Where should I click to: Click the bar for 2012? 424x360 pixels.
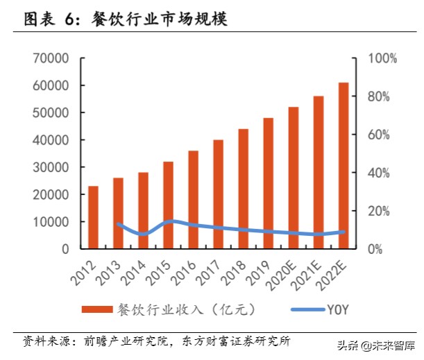coord(93,217)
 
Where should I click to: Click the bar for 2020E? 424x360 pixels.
coord(294,178)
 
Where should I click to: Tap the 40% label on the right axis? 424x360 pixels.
coord(380,173)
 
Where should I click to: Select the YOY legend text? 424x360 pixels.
coord(336,309)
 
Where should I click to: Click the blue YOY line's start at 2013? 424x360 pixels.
coord(118,223)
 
